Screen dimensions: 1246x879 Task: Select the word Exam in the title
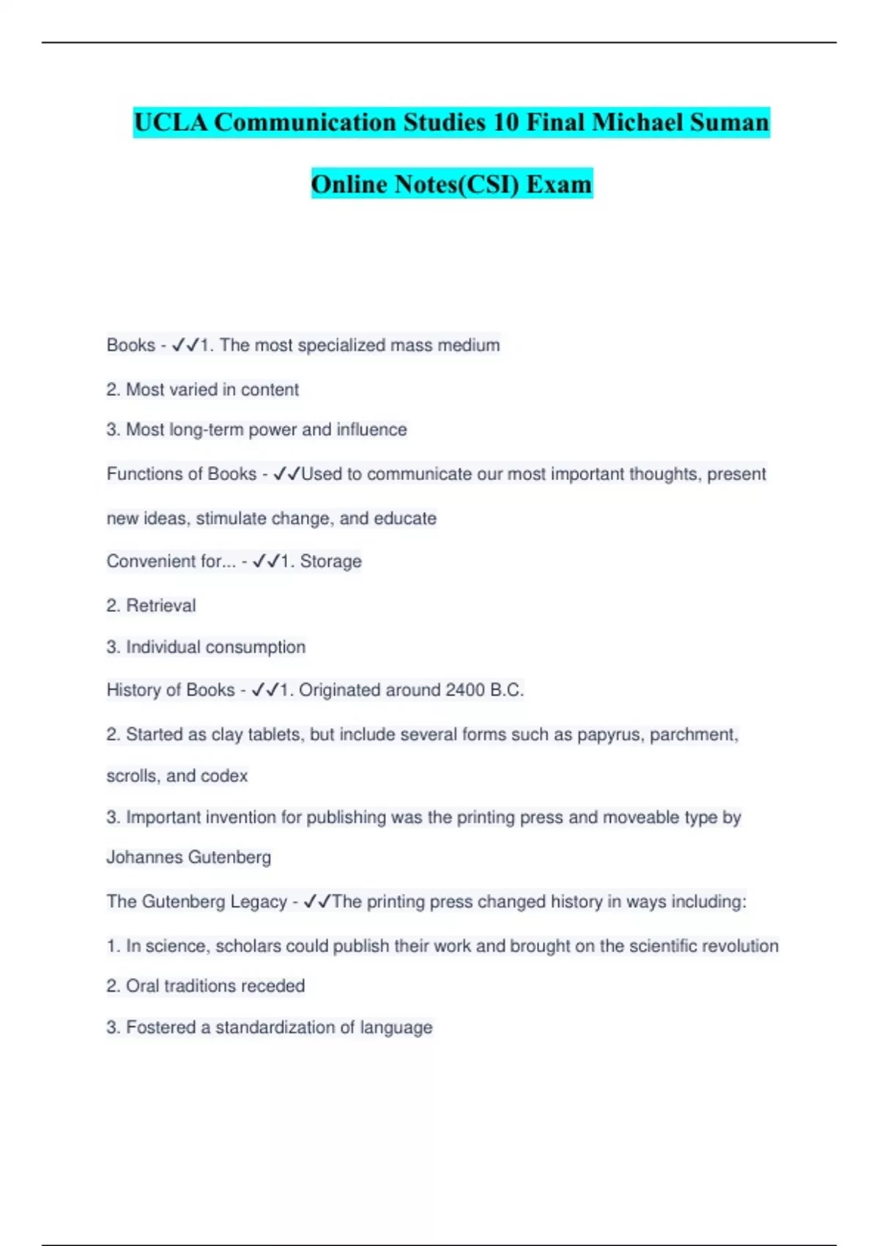[x=559, y=184]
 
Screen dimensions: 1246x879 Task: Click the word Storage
[x=330, y=561]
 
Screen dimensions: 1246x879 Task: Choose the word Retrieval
[x=160, y=606]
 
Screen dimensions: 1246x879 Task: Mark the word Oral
[x=142, y=987]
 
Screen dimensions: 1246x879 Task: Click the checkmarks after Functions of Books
[x=286, y=474]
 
